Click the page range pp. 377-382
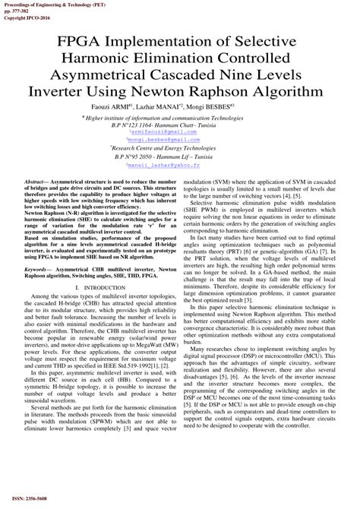coord(15,8)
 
